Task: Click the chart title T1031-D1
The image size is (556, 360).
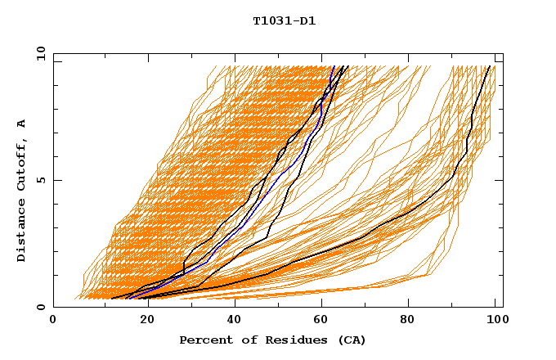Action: [284, 21]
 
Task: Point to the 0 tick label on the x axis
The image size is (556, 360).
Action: [53, 321]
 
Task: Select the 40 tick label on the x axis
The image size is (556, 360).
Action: [235, 321]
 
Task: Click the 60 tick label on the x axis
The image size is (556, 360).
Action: [323, 321]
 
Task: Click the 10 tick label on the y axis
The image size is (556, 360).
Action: [40, 53]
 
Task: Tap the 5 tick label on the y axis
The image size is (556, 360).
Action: [40, 180]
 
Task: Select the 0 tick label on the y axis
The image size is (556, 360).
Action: [40, 307]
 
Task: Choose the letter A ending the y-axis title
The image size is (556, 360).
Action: [21, 124]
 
